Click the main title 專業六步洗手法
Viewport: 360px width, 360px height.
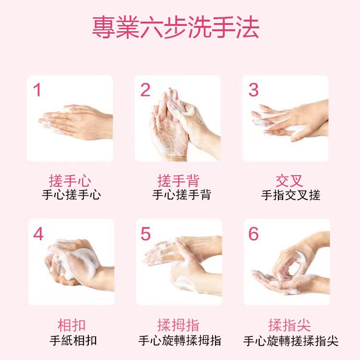(x=176, y=27)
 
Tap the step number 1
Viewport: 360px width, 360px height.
(x=37, y=90)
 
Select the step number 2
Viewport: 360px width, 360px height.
(x=145, y=90)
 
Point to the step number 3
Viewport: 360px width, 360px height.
(x=253, y=90)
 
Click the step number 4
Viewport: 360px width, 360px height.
(x=38, y=234)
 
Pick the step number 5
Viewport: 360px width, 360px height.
(x=145, y=234)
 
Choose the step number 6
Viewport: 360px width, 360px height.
(x=253, y=234)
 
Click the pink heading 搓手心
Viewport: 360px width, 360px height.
(x=70, y=181)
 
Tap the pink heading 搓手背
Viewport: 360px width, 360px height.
(x=179, y=181)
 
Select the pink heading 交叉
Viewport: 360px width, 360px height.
(x=289, y=181)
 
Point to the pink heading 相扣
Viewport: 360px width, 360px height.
(x=72, y=325)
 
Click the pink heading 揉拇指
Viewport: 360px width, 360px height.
(x=179, y=325)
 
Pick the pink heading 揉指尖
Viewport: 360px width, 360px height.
(x=289, y=325)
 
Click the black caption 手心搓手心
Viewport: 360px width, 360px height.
(x=72, y=195)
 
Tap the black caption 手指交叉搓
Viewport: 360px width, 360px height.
(x=291, y=195)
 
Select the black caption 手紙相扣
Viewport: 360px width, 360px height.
(x=73, y=340)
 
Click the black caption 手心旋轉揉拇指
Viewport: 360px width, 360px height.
(x=180, y=340)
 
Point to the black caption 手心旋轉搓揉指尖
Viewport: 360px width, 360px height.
(x=291, y=341)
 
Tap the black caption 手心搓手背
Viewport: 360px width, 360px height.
(x=181, y=195)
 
